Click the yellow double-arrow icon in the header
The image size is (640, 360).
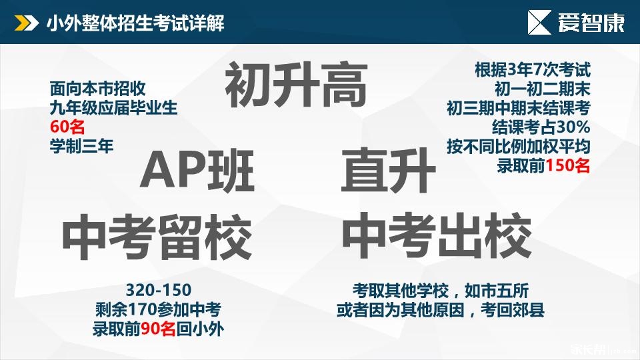pos(27,23)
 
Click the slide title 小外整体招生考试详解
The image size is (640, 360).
pos(135,23)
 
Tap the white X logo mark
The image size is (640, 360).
pos(539,23)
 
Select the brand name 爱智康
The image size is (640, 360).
pos(591,23)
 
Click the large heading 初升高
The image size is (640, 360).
pos(296,85)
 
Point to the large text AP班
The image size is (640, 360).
pos(197,171)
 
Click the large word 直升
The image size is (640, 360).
pos(389,171)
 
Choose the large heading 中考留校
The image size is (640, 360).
pos(157,237)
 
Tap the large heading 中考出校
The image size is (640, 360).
pos(437,235)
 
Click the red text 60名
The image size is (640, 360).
pos(67,127)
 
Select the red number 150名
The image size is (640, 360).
pos(568,166)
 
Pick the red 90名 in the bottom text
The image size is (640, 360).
pos(159,329)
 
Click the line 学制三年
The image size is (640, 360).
pos(81,146)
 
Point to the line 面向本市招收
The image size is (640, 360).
pos(97,89)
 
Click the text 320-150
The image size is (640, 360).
pos(159,290)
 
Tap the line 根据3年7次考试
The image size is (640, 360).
pos(533,70)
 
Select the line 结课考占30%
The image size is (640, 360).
pos(541,127)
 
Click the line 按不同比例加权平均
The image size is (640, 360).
pos(519,147)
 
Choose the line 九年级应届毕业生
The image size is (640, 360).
pos(113,108)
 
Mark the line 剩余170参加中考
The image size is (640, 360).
pos(159,309)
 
